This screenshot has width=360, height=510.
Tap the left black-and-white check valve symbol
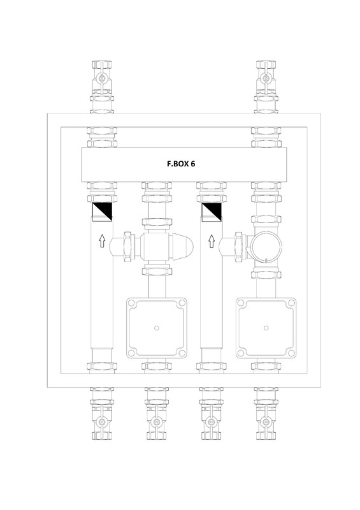point(102,212)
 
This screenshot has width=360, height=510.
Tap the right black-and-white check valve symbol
point(211,212)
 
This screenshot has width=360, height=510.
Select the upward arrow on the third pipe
point(211,241)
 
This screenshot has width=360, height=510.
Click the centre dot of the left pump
point(156,329)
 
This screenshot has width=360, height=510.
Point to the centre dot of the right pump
point(265,329)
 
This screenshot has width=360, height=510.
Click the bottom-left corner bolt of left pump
point(133,354)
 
